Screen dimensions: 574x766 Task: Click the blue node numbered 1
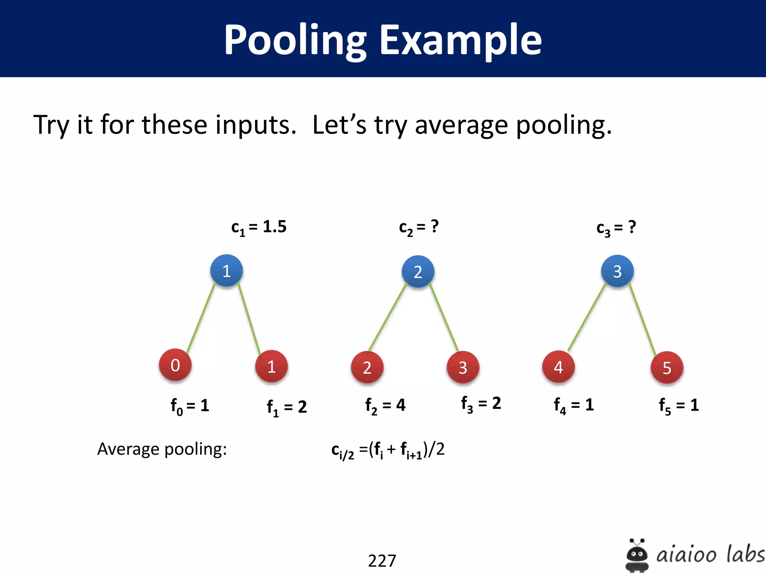(226, 271)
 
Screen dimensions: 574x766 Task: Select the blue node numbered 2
(418, 272)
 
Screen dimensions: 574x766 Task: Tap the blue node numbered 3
(617, 271)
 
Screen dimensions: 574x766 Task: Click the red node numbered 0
(175, 365)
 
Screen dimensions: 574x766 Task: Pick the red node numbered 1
(271, 367)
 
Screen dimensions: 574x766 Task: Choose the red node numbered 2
(367, 368)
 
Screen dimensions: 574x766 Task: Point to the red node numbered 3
(463, 368)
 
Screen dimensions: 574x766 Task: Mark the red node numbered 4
(558, 367)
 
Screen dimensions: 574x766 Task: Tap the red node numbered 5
(667, 368)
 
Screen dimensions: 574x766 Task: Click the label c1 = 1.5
(259, 227)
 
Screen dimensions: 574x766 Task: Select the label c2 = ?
(419, 227)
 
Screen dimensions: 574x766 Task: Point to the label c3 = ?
(616, 228)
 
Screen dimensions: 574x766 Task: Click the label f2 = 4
(385, 406)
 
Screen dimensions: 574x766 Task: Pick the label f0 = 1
(190, 406)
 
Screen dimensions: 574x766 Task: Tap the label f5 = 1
(678, 406)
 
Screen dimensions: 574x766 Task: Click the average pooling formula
(388, 450)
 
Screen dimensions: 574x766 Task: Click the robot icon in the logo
(637, 555)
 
